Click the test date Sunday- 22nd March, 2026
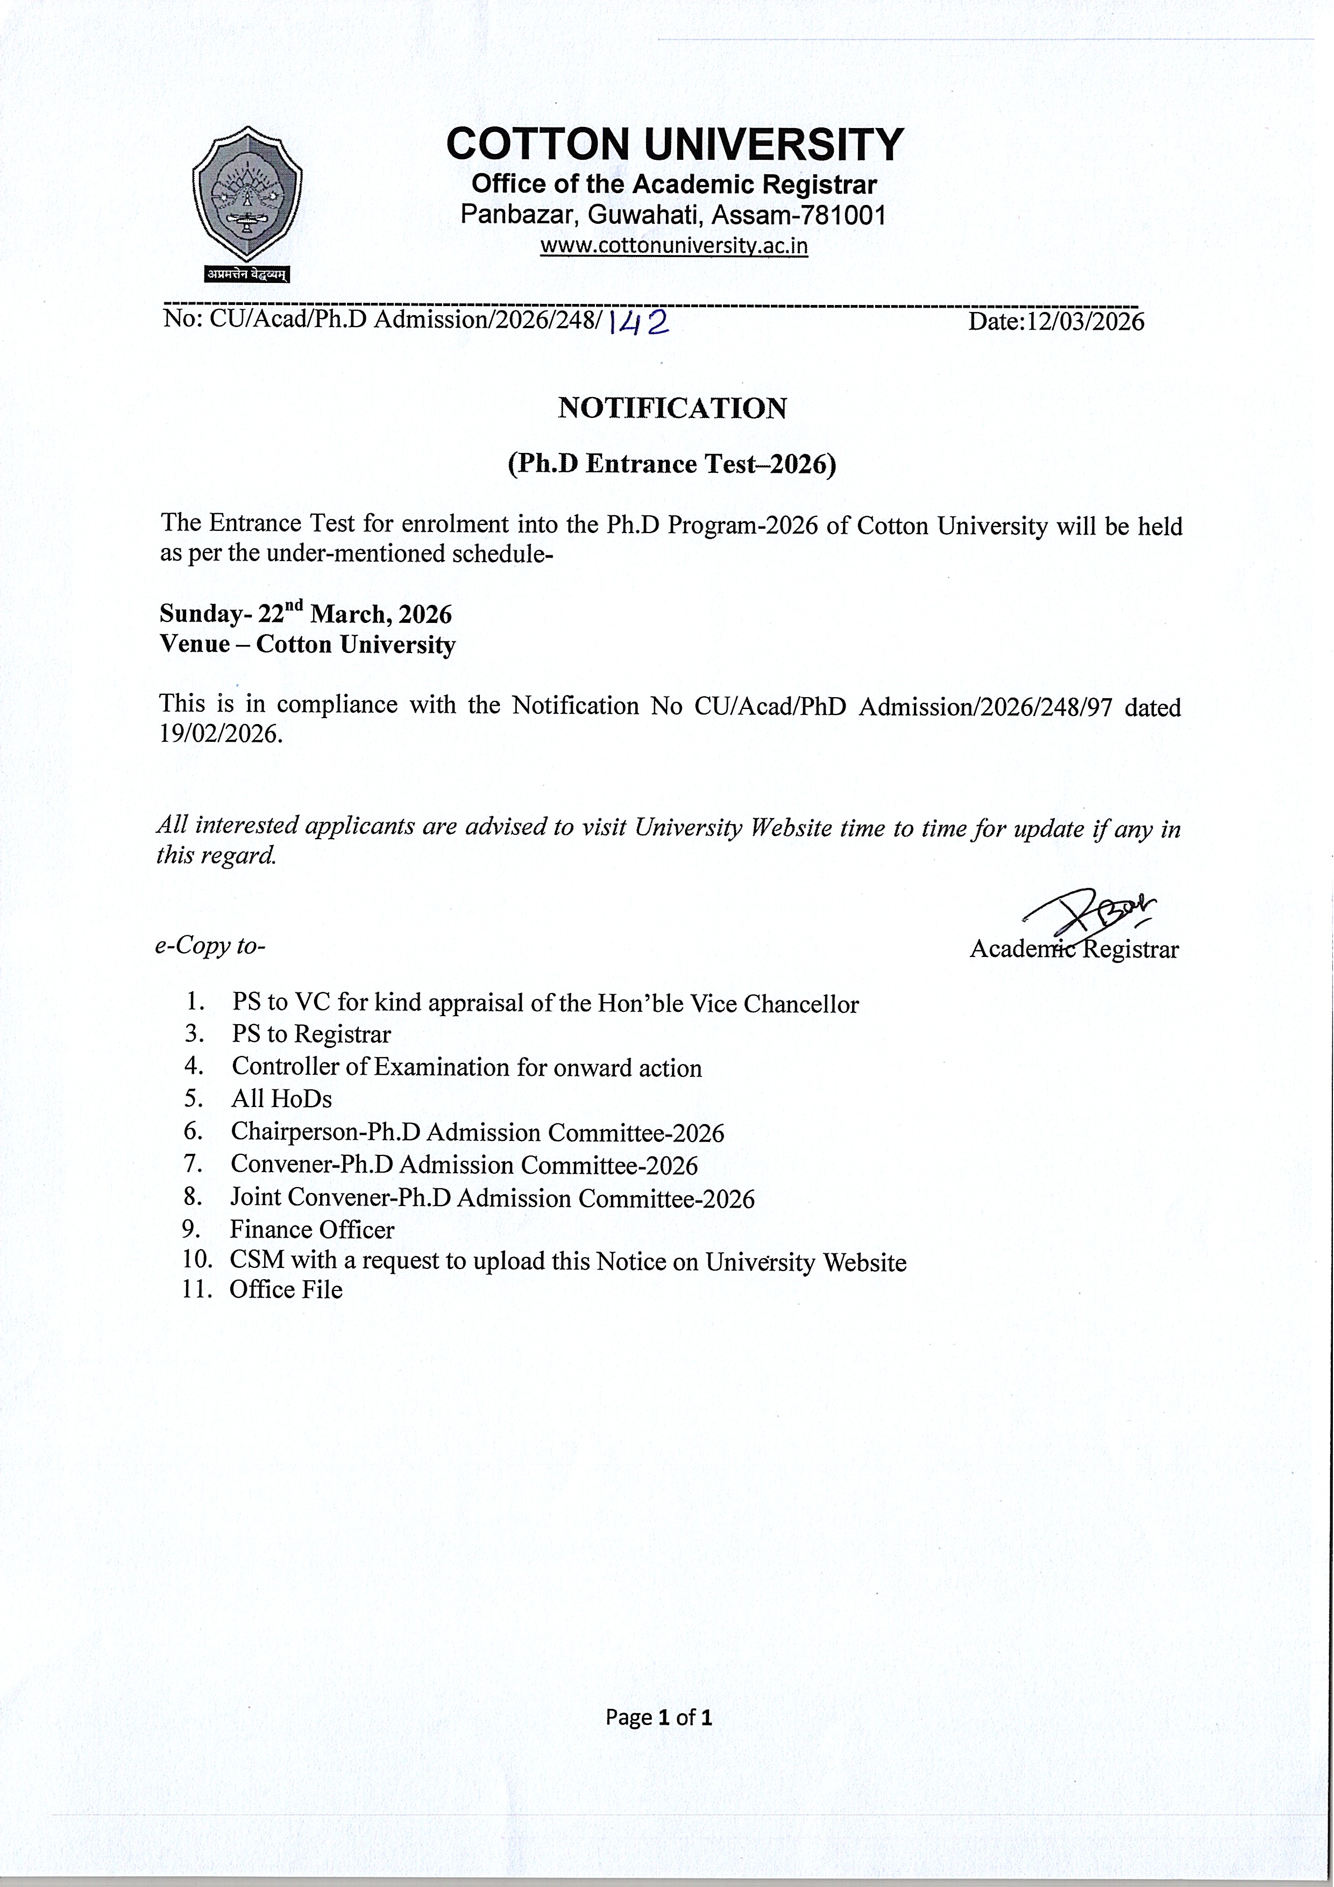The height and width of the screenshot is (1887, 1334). pyautogui.click(x=306, y=613)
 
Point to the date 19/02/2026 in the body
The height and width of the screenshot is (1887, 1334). pyautogui.click(x=221, y=734)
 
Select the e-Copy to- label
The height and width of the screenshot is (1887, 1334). pyautogui.click(x=210, y=946)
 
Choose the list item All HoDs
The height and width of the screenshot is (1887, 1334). pyautogui.click(x=281, y=1099)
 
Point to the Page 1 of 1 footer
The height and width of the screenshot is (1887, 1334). pyautogui.click(x=658, y=1717)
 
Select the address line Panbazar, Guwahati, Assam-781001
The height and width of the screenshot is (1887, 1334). pyautogui.click(x=672, y=215)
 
